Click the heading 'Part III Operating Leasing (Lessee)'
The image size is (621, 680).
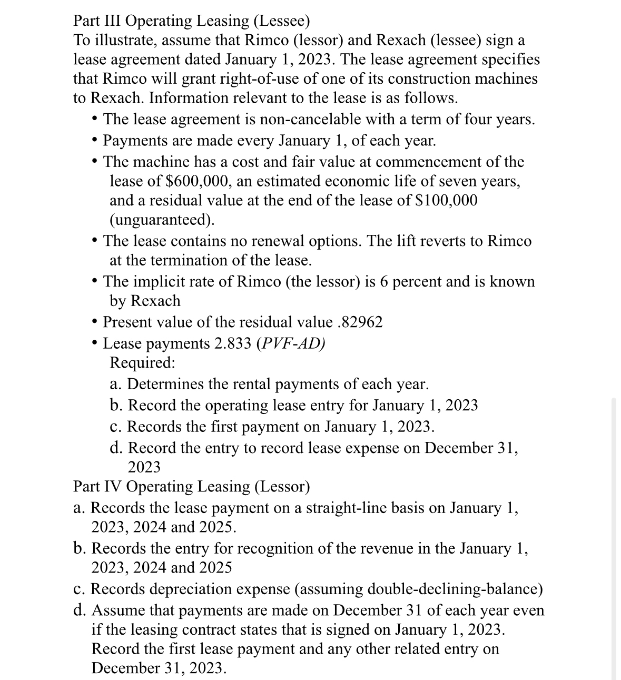[191, 21]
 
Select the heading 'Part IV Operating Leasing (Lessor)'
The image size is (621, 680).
[192, 486]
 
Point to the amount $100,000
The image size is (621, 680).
[447, 201]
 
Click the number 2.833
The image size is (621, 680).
[233, 343]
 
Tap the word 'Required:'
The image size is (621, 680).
[142, 363]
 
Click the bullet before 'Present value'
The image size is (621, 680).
[94, 322]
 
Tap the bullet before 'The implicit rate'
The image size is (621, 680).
[94, 281]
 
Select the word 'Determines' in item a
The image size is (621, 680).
[166, 384]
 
